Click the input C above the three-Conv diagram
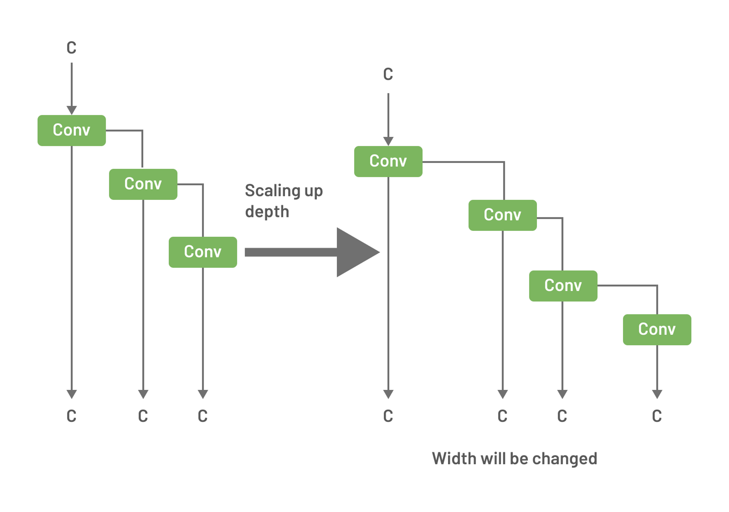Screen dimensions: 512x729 [x=71, y=48]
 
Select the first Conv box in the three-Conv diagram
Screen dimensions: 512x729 [x=71, y=130]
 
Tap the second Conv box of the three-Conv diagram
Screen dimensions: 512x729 [x=143, y=184]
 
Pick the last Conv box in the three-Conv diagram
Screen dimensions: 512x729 [x=203, y=252]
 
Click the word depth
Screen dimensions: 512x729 [x=267, y=212]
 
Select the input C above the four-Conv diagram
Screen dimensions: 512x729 [x=388, y=74]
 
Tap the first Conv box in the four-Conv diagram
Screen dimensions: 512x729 [x=388, y=161]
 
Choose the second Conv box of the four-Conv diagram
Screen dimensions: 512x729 [x=502, y=215]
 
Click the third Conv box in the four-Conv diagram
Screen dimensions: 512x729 [x=563, y=286]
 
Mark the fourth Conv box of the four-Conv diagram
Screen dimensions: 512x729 [x=657, y=329]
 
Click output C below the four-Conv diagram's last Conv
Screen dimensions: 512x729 [x=657, y=416]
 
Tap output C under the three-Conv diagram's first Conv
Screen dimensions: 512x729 [x=71, y=416]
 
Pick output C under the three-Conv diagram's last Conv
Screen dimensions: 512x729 [x=203, y=416]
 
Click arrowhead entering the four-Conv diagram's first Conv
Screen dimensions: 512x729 [x=388, y=141]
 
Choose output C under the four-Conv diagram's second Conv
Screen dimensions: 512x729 [x=502, y=416]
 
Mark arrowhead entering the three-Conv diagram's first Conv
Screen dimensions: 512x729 [x=71, y=110]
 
